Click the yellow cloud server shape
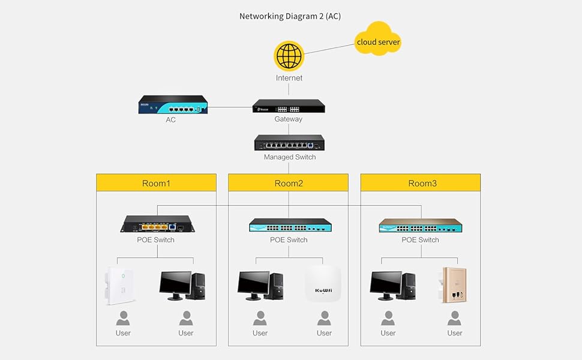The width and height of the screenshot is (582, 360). pyautogui.click(x=378, y=40)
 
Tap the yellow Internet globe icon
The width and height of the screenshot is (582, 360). pyautogui.click(x=289, y=56)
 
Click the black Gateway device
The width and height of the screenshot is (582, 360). pyautogui.click(x=289, y=106)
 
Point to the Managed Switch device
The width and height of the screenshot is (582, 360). pyautogui.click(x=289, y=143)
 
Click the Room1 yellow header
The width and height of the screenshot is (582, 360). pyautogui.click(x=156, y=183)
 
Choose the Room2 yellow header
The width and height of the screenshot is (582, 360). pyautogui.click(x=289, y=183)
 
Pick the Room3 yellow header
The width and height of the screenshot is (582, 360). pyautogui.click(x=421, y=183)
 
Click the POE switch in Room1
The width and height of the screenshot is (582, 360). pyautogui.click(x=157, y=224)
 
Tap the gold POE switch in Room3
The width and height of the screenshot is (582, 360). pyautogui.click(x=420, y=226)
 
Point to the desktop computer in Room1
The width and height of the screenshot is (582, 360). pyautogui.click(x=182, y=286)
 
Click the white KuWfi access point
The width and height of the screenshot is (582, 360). pyautogui.click(x=323, y=284)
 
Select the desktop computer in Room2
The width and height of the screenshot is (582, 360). pyautogui.click(x=260, y=286)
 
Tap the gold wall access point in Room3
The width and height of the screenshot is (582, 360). pyautogui.click(x=454, y=285)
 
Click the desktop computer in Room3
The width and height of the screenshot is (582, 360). pyautogui.click(x=392, y=286)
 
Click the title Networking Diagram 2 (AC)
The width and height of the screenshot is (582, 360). pyautogui.click(x=290, y=16)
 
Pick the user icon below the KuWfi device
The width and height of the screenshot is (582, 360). pyautogui.click(x=324, y=318)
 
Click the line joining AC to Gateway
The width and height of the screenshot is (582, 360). pyautogui.click(x=230, y=108)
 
